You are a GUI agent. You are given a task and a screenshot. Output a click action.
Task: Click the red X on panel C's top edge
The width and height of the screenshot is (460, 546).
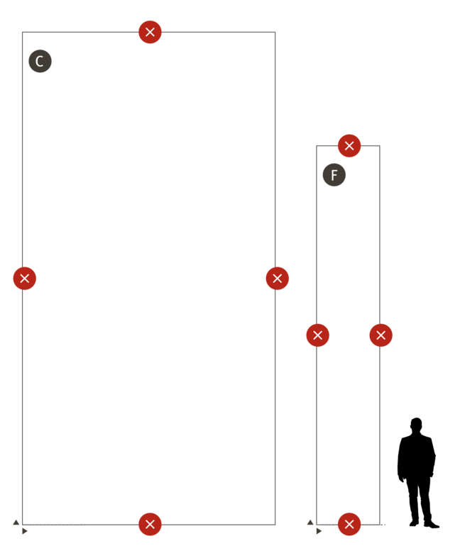click(x=150, y=32)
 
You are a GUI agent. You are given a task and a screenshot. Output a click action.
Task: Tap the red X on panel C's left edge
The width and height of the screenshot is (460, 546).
click(x=24, y=278)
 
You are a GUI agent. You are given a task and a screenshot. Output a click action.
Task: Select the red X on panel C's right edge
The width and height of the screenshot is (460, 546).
click(x=277, y=278)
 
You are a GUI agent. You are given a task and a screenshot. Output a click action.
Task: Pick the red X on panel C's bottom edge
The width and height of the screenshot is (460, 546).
click(x=150, y=524)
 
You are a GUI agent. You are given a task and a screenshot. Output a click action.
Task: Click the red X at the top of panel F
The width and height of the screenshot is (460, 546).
click(x=349, y=145)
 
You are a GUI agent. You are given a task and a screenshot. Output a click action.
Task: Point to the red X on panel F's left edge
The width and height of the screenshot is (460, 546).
click(x=317, y=335)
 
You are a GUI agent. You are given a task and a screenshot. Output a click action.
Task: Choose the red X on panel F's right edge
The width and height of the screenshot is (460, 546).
click(x=380, y=335)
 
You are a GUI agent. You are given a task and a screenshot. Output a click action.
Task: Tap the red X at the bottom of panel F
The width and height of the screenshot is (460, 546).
click(x=349, y=524)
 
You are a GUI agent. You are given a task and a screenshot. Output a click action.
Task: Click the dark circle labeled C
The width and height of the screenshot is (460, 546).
click(x=40, y=61)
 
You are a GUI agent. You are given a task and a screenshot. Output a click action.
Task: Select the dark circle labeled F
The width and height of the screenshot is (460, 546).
click(x=334, y=175)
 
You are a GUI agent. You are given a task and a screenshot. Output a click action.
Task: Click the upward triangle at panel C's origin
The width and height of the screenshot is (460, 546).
click(x=16, y=522)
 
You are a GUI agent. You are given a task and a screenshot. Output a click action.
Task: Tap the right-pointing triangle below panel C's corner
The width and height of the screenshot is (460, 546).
click(x=25, y=531)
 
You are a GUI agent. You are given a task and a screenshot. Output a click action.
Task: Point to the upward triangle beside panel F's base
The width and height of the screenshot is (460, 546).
click(x=310, y=522)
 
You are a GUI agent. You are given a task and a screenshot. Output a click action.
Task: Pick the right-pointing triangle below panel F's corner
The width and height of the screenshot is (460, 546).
click(x=319, y=531)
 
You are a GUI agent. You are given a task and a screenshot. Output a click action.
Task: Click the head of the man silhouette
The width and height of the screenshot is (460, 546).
click(x=416, y=425)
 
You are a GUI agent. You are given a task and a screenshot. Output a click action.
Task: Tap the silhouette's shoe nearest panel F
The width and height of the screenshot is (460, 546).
click(x=414, y=523)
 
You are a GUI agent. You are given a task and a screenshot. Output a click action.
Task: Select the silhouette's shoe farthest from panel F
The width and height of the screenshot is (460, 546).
click(x=432, y=524)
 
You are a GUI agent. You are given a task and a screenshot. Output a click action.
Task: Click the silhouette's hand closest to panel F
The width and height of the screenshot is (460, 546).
click(x=401, y=478)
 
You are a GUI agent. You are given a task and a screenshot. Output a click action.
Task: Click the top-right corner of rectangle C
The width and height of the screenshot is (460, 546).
click(x=275, y=32)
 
